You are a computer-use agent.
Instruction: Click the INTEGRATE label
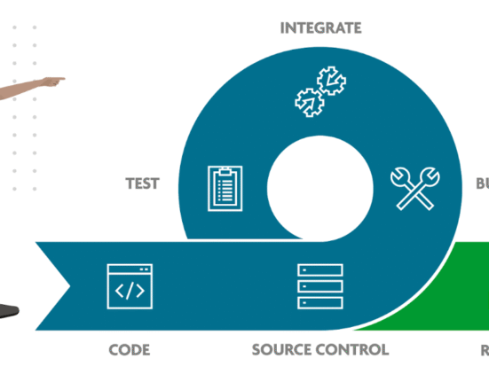coord(320,28)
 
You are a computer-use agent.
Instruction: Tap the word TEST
coord(142,184)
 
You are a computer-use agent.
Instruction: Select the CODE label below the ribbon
coord(129,349)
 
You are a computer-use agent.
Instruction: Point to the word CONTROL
coord(355,349)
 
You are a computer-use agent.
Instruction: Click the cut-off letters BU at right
coord(481,184)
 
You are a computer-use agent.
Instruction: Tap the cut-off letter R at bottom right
coord(485,349)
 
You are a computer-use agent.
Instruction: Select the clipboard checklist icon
coord(225,188)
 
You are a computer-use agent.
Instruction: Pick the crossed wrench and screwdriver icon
coord(414,188)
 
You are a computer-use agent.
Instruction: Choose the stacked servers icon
coord(320,285)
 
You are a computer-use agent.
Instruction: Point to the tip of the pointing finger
coord(64,80)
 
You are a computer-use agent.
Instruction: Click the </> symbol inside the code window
coord(130,290)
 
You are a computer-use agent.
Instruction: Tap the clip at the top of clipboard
coord(225,169)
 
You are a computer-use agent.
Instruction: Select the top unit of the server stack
coord(320,269)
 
